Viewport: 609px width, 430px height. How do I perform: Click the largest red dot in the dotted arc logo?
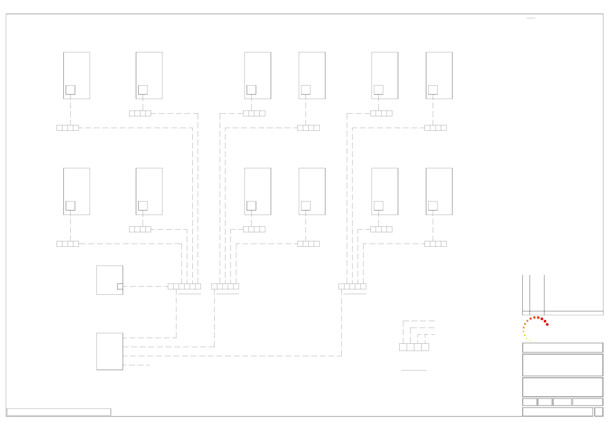pos(547,325)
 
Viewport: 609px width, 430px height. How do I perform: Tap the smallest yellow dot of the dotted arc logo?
pos(530,341)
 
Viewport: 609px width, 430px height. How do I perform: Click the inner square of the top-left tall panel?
pos(70,90)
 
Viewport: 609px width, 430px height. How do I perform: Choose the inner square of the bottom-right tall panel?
pos(433,206)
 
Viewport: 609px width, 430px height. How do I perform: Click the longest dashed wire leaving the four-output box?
pos(232,356)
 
